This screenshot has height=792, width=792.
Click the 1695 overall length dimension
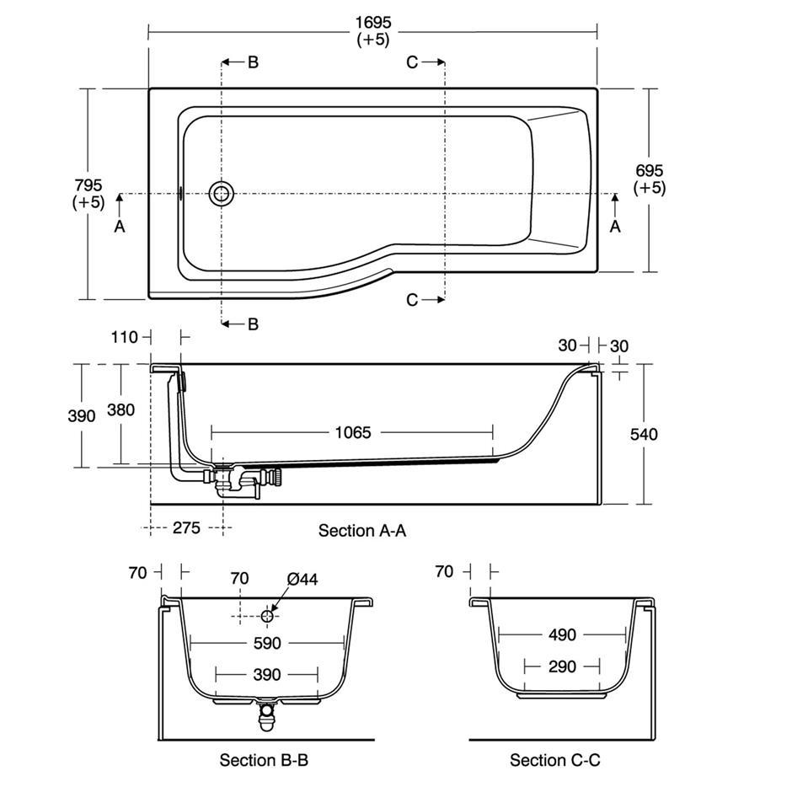(x=373, y=23)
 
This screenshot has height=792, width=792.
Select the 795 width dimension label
(x=88, y=185)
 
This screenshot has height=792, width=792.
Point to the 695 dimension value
(x=650, y=171)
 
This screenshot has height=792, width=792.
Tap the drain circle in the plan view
(x=222, y=194)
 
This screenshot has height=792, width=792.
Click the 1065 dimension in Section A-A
(x=353, y=433)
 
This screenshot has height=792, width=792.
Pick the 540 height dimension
(x=644, y=435)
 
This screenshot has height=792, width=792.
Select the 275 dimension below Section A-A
(x=186, y=527)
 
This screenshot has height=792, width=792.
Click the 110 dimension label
(x=124, y=337)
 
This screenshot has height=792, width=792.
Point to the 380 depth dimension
(x=120, y=409)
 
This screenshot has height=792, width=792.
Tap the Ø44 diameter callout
(x=302, y=579)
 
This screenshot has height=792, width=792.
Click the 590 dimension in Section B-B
(x=267, y=643)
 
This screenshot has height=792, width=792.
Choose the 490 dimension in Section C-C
(x=562, y=634)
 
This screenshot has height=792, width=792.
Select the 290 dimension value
(x=562, y=666)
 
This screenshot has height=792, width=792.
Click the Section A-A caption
(x=362, y=530)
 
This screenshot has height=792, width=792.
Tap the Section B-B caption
(x=264, y=760)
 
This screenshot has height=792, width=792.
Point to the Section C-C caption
(x=555, y=760)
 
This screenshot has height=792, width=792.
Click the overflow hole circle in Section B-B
(x=267, y=616)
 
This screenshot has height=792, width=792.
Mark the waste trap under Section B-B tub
(x=266, y=714)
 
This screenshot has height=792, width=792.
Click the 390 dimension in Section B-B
(x=267, y=675)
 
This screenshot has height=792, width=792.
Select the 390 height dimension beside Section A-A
(x=82, y=416)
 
